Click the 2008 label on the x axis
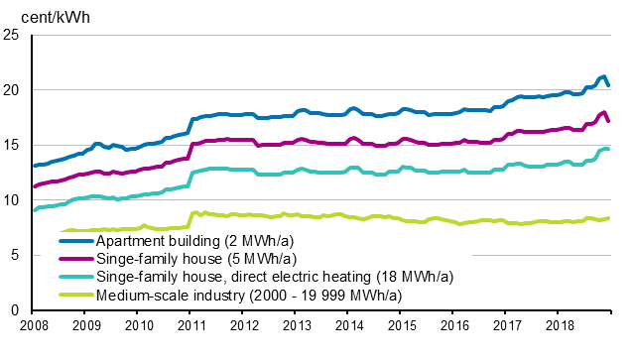33,325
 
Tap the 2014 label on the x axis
348,325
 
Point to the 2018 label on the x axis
559,325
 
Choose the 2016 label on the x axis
453,325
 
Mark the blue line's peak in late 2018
603,76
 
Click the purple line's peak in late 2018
604,112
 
